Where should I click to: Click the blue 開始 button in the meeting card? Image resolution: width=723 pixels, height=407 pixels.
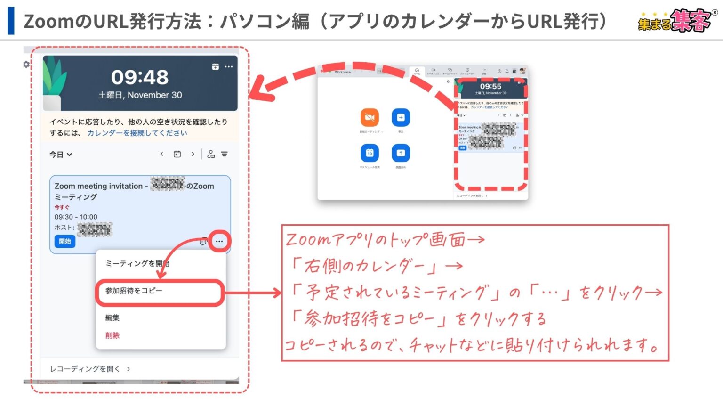pyautogui.click(x=64, y=241)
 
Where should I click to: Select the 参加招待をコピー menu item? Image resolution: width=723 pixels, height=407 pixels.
pyautogui.click(x=134, y=291)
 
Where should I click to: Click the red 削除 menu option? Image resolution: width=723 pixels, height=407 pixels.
pyautogui.click(x=112, y=335)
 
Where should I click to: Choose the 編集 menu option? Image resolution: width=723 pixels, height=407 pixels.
pyautogui.click(x=112, y=318)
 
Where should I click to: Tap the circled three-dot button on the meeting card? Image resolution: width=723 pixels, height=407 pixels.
pyautogui.click(x=219, y=241)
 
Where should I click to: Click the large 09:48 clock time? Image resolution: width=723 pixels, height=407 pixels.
pyautogui.click(x=140, y=77)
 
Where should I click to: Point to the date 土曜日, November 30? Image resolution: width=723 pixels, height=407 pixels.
pyautogui.click(x=140, y=95)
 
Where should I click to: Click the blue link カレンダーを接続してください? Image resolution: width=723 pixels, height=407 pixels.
pyautogui.click(x=137, y=133)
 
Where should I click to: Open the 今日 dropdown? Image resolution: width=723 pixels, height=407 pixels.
pyautogui.click(x=61, y=155)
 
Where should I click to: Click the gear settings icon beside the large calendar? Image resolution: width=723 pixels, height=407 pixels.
pyautogui.click(x=26, y=65)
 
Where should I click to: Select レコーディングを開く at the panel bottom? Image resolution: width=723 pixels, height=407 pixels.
pyautogui.click(x=89, y=369)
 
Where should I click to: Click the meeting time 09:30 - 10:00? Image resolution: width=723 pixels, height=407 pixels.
pyautogui.click(x=76, y=217)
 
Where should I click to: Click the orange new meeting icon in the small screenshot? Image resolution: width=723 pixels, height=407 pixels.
pyautogui.click(x=370, y=117)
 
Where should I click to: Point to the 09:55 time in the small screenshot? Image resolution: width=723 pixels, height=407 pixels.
pyautogui.click(x=490, y=86)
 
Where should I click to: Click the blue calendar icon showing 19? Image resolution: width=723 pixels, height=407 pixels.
pyautogui.click(x=370, y=153)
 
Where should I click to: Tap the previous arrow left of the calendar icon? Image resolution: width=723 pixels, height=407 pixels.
pyautogui.click(x=161, y=154)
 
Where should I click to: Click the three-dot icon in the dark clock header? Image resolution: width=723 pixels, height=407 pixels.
pyautogui.click(x=229, y=67)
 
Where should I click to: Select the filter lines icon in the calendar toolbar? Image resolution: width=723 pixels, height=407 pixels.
pyautogui.click(x=225, y=154)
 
